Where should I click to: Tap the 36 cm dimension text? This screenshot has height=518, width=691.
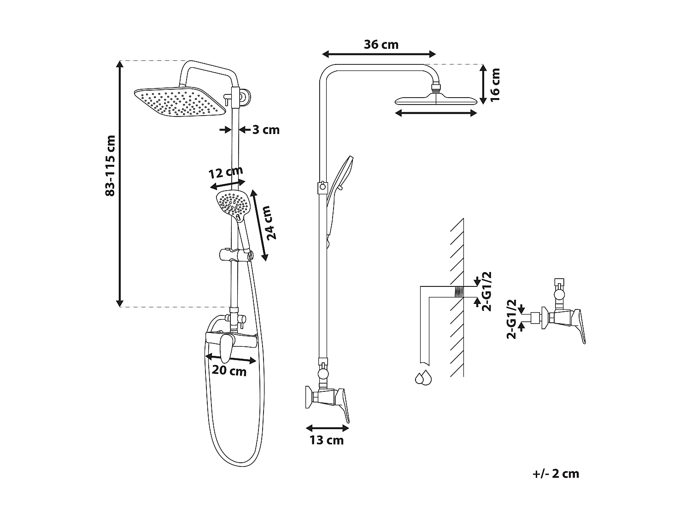[381, 45]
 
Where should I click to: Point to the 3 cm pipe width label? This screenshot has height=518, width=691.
[266, 130]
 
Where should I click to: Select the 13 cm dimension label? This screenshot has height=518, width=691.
[327, 440]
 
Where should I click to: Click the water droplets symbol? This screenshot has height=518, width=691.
[423, 377]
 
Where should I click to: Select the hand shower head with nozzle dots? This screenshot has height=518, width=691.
[233, 205]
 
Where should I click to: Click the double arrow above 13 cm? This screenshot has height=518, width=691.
[327, 428]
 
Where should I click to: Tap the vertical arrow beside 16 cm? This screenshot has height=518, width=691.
[482, 84]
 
